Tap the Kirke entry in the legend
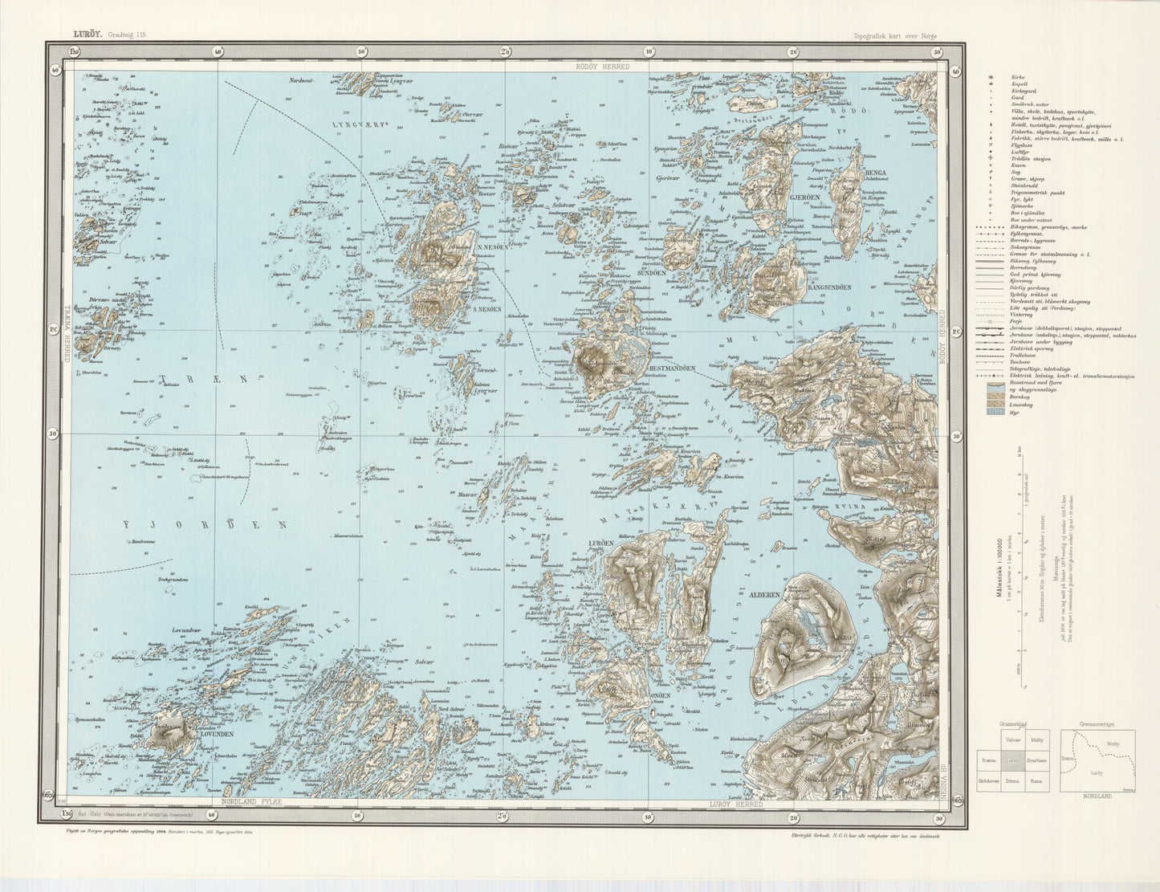tap(1017, 76)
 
